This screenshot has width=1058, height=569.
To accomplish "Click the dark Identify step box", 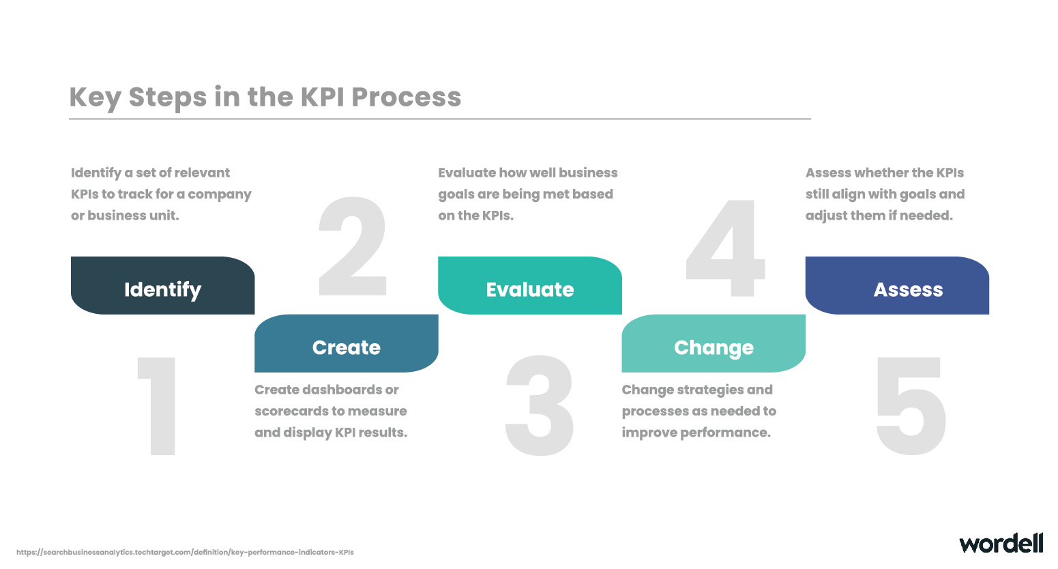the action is pyautogui.click(x=162, y=285).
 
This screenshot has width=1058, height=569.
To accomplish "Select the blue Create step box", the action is pyautogui.click(x=347, y=344).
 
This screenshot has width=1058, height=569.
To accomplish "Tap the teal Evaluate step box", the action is pyautogui.click(x=530, y=285).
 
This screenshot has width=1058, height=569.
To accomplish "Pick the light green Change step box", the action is pyautogui.click(x=714, y=344).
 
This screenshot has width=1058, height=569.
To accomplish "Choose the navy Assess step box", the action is pyautogui.click(x=898, y=285).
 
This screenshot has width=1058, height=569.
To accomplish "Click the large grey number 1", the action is pyautogui.click(x=158, y=406).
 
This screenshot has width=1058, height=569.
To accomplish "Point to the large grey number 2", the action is pyautogui.click(x=353, y=246).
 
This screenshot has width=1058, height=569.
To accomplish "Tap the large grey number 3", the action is pyautogui.click(x=540, y=405).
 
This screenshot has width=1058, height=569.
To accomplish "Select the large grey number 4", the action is pyautogui.click(x=726, y=248).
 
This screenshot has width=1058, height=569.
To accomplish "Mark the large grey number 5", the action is pyautogui.click(x=911, y=406).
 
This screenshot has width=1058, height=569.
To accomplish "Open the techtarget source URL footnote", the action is pyautogui.click(x=185, y=552).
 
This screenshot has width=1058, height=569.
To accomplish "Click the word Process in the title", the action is pyautogui.click(x=406, y=98).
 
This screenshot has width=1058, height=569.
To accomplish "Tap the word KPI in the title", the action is pyautogui.click(x=322, y=98).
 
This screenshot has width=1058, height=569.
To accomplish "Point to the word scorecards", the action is pyautogui.click(x=291, y=411).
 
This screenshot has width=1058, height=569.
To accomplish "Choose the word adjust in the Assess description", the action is pyautogui.click(x=826, y=216).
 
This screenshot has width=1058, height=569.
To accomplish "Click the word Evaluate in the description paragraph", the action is pyautogui.click(x=467, y=173).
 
